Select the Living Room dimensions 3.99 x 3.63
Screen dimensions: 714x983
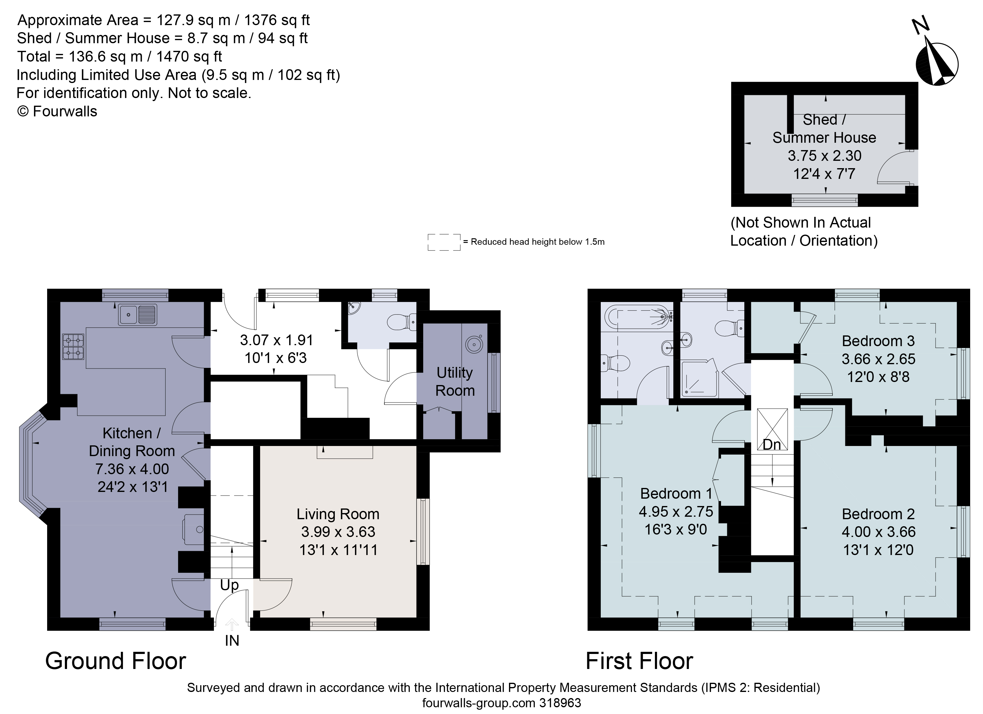[338, 532]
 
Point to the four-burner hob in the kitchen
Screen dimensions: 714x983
[73, 347]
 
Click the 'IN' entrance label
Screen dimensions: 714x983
[232, 641]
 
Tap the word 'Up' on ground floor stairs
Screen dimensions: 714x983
[229, 585]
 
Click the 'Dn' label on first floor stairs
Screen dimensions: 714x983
[772, 445]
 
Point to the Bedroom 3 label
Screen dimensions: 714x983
[878, 341]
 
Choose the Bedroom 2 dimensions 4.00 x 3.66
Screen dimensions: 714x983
[878, 532]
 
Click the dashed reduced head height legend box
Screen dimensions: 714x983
[444, 242]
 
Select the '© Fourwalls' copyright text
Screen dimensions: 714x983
[57, 111]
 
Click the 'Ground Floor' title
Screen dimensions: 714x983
[116, 661]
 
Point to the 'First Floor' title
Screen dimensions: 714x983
[639, 661]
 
